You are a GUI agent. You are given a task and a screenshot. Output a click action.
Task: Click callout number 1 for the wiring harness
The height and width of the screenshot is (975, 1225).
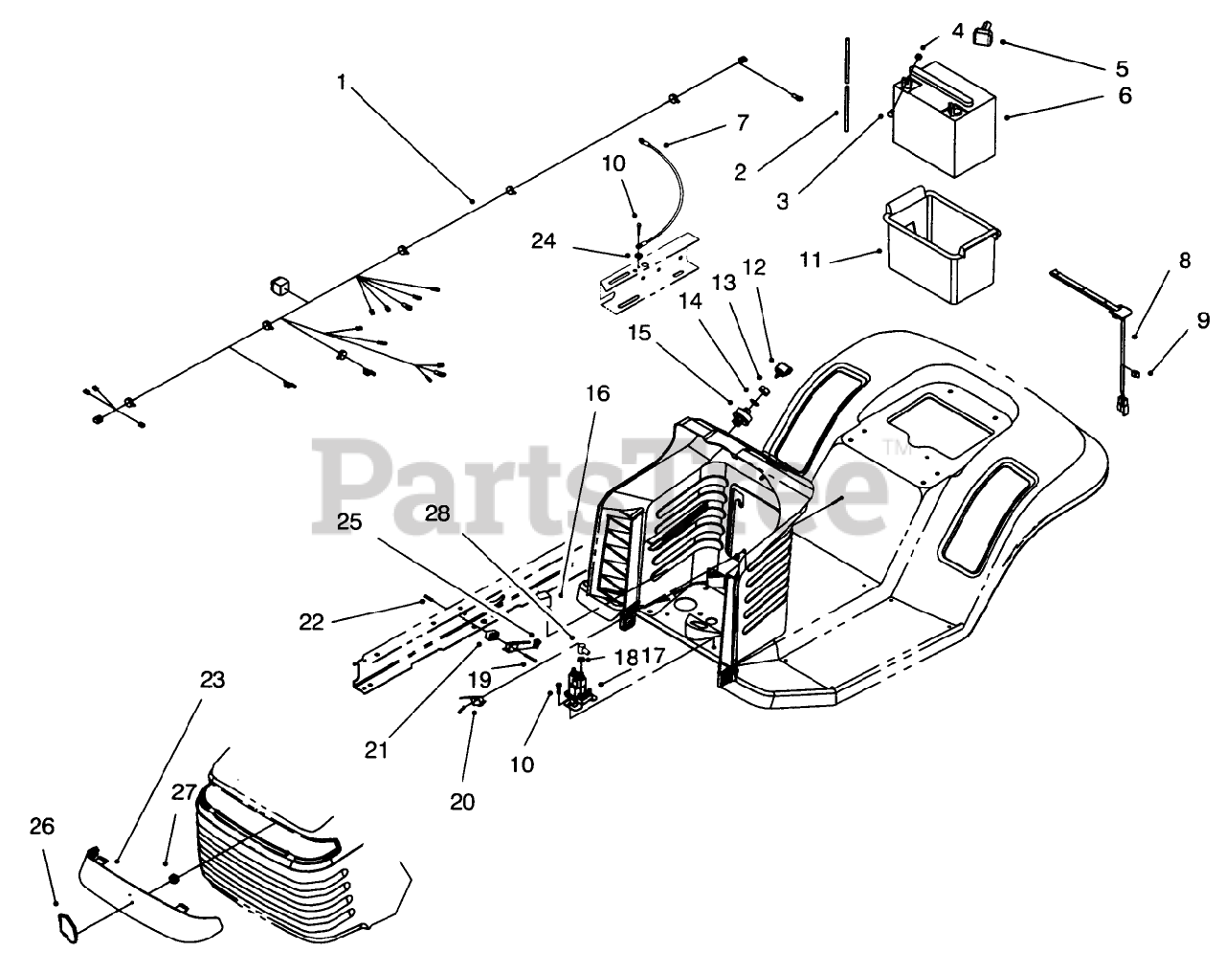pyautogui.click(x=342, y=82)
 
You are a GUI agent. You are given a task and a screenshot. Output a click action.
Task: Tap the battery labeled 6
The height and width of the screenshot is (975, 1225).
pyautogui.click(x=943, y=120)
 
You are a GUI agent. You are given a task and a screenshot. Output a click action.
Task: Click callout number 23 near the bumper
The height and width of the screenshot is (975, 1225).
pyautogui.click(x=212, y=680)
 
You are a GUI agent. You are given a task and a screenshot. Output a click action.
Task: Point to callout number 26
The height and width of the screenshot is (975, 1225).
pyautogui.click(x=43, y=826)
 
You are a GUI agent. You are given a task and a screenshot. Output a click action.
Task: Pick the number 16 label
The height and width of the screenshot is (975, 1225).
pyautogui.click(x=598, y=393)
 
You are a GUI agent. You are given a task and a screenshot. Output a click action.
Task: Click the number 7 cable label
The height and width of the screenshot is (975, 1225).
pyautogui.click(x=743, y=122)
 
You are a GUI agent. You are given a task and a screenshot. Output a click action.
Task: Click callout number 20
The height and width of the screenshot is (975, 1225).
pyautogui.click(x=461, y=802)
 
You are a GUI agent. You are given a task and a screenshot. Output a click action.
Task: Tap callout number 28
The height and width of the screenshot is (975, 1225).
pyautogui.click(x=437, y=513)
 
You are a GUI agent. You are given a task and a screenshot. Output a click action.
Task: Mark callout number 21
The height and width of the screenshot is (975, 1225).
pyautogui.click(x=376, y=750)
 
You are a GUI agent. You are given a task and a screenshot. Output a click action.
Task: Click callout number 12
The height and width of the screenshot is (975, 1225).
pyautogui.click(x=754, y=268)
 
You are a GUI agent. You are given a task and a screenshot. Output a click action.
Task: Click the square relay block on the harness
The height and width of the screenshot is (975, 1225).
pyautogui.click(x=281, y=286)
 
